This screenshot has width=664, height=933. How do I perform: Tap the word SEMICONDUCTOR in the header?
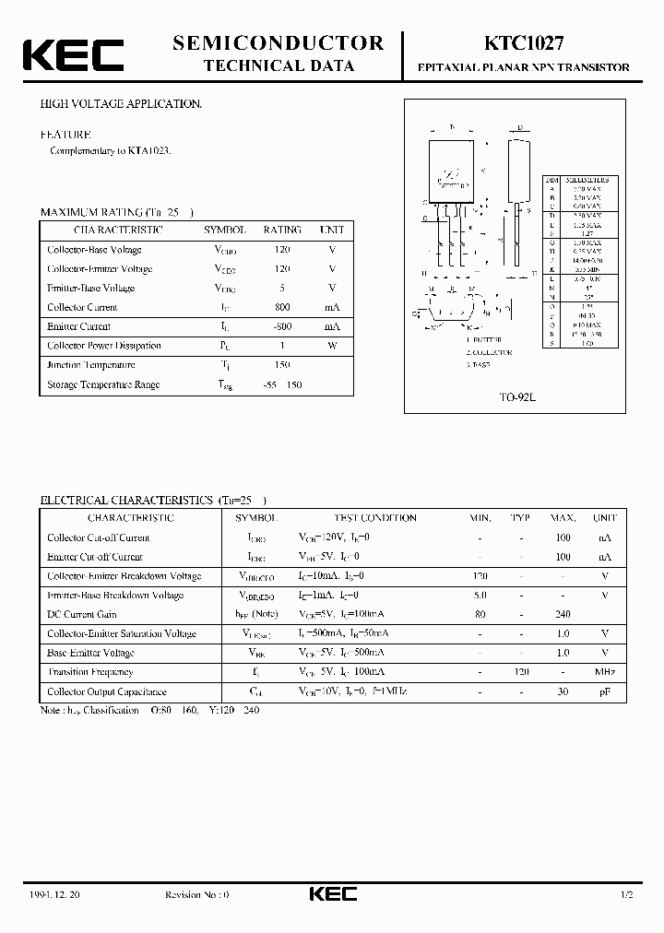[278, 42]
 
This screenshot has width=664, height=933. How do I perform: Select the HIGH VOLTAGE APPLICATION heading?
[121, 105]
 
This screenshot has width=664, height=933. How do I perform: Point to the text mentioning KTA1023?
[111, 150]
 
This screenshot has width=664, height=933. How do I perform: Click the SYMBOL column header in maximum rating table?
[224, 230]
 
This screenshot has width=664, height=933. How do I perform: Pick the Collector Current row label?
[83, 307]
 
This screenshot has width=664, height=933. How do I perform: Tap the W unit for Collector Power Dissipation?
[332, 346]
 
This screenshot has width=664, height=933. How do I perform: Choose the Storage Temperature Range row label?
[103, 384]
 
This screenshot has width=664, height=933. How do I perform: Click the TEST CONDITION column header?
[374, 518]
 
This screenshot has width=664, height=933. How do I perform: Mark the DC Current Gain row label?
[82, 614]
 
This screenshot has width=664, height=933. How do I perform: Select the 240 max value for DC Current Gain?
[563, 614]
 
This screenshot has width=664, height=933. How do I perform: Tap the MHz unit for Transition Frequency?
[605, 672]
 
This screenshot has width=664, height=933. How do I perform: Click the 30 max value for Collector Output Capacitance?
[563, 691]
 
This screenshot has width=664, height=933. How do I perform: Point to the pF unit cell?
[605, 691]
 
